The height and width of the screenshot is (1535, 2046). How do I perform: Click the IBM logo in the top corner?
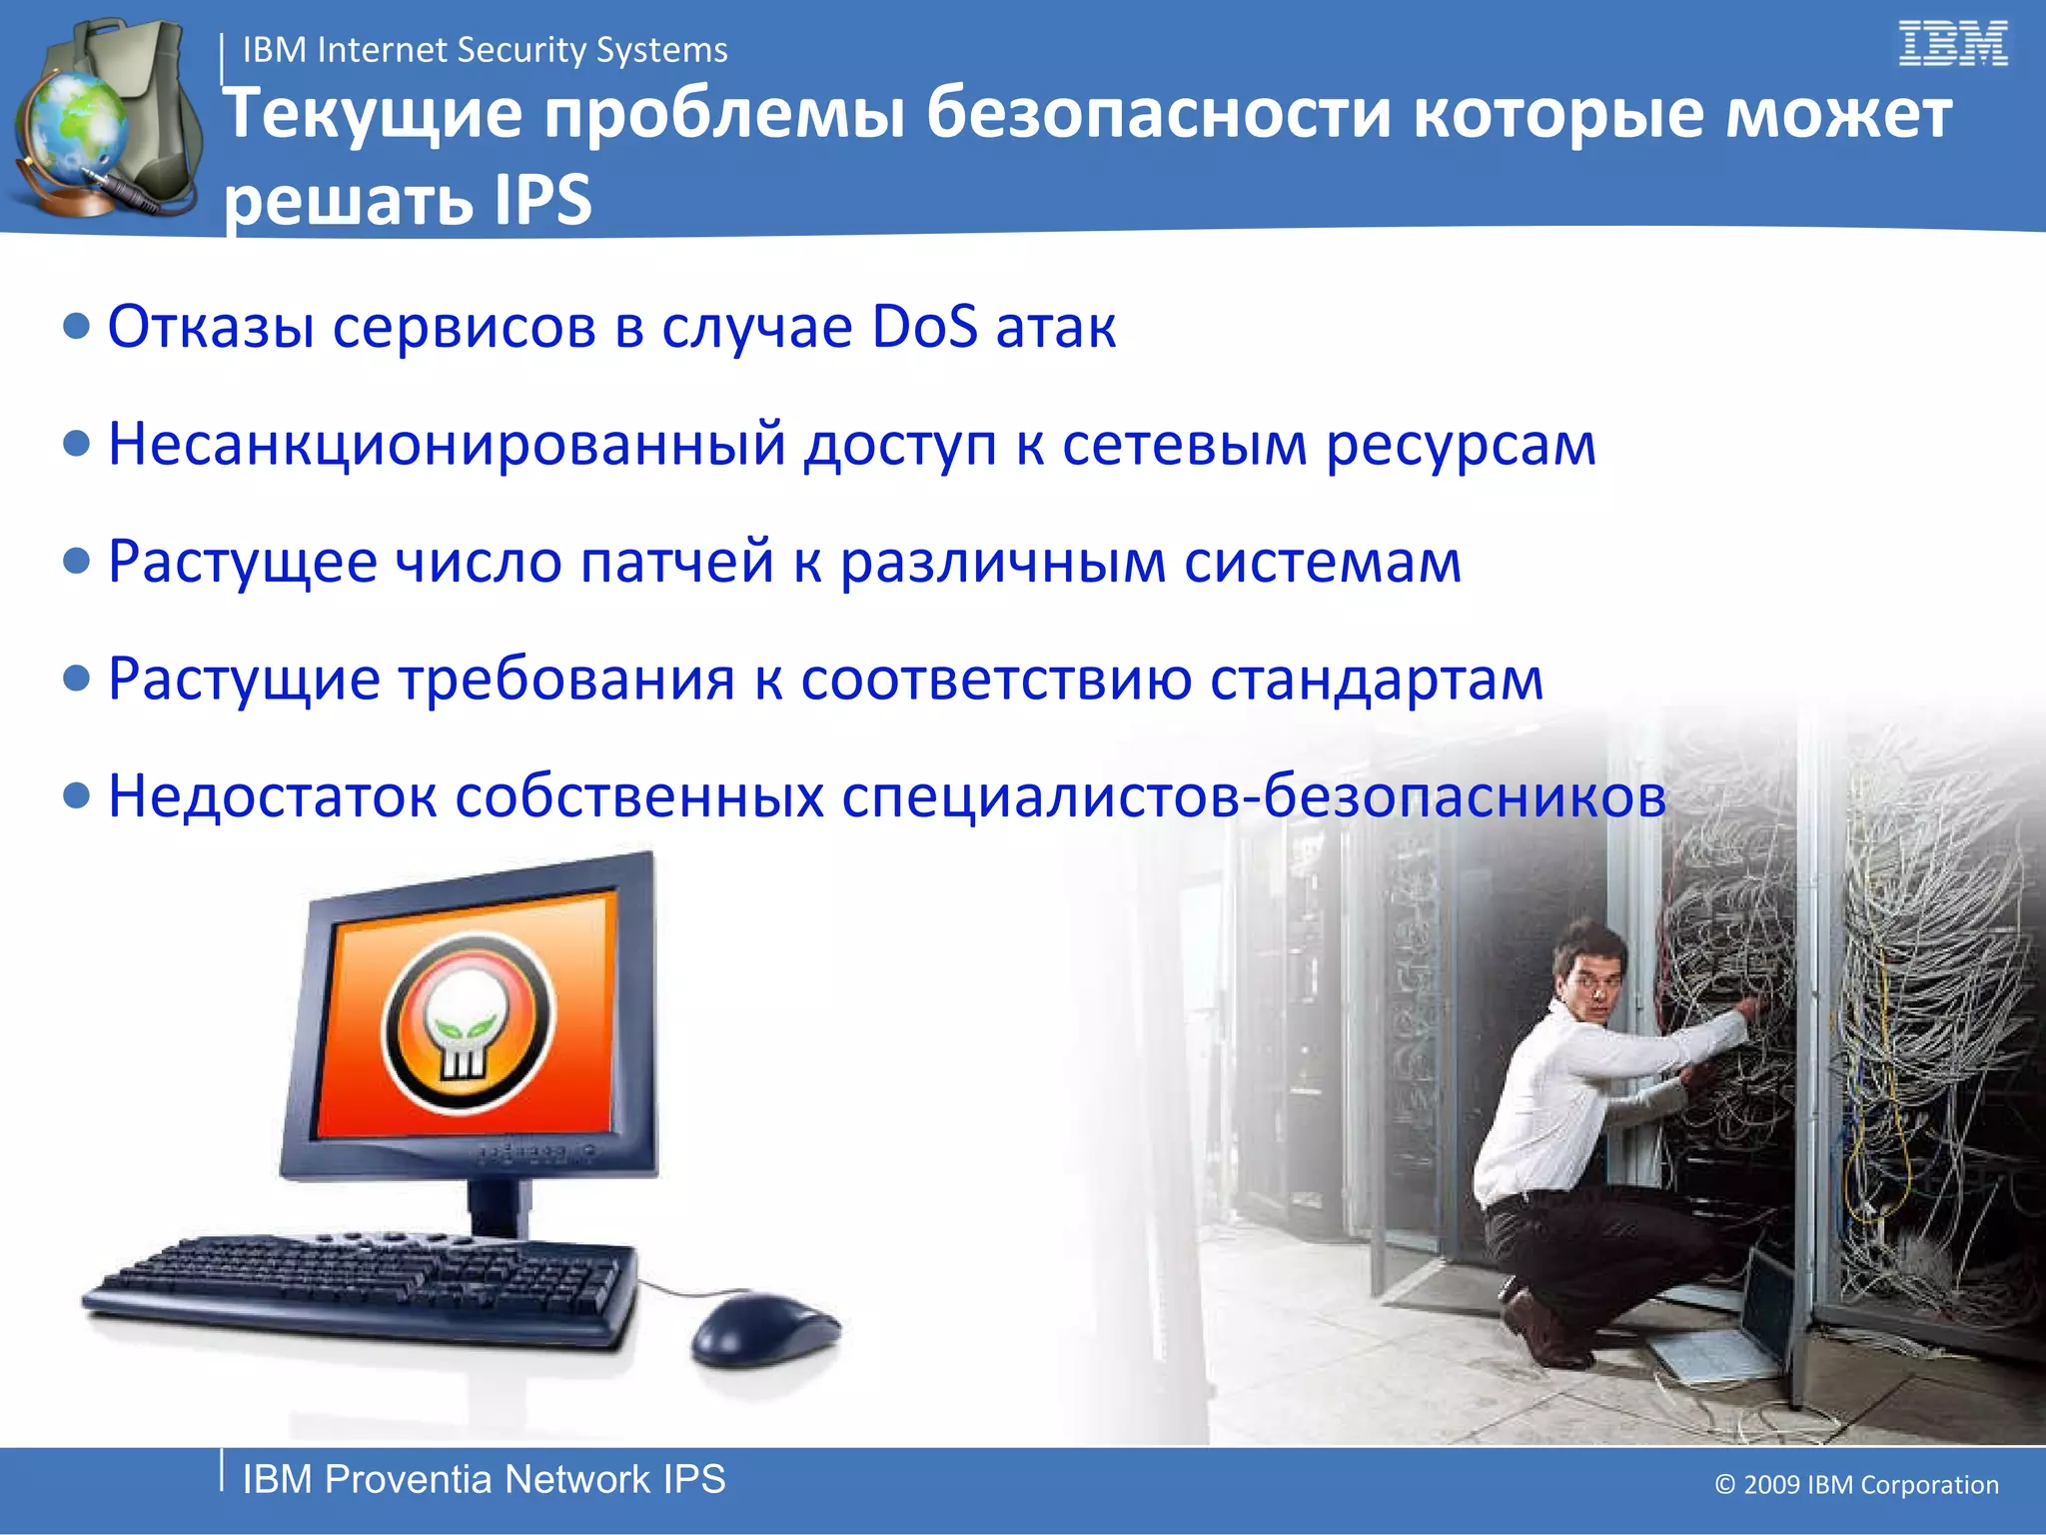(x=1952, y=45)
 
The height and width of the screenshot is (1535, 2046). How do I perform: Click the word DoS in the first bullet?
(x=924, y=327)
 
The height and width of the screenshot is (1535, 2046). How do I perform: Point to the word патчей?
(x=676, y=562)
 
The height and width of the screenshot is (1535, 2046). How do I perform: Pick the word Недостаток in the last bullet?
(x=272, y=796)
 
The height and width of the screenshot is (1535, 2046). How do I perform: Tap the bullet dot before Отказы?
(x=76, y=327)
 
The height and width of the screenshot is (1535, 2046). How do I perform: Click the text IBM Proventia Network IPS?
(x=484, y=1480)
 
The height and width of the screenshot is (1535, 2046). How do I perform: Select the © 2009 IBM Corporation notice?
(x=1856, y=1485)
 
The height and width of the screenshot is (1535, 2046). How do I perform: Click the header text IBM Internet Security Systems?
(x=485, y=50)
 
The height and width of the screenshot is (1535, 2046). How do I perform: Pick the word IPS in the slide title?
(x=542, y=199)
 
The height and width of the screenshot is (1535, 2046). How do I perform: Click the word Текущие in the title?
(x=372, y=113)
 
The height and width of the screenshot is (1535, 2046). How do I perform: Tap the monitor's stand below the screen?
(x=499, y=1204)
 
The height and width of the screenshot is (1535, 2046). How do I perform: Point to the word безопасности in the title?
(x=1158, y=113)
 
